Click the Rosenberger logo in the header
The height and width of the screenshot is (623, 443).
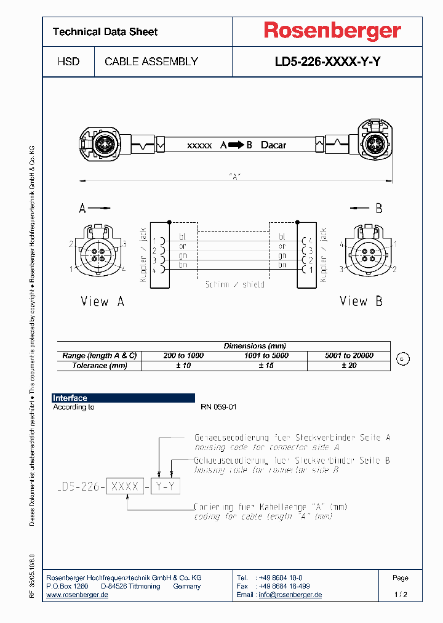pyautogui.click(x=332, y=31)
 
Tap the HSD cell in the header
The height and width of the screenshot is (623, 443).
pyautogui.click(x=68, y=62)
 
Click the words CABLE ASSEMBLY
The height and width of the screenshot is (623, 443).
pyautogui.click(x=151, y=62)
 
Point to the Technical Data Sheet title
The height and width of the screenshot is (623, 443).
pyautogui.click(x=105, y=31)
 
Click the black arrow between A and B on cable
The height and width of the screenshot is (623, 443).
pyautogui.click(x=236, y=145)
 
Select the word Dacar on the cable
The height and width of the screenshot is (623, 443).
pyautogui.click(x=273, y=145)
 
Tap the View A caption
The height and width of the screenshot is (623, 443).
pyautogui.click(x=103, y=302)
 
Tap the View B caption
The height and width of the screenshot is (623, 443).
pyautogui.click(x=362, y=301)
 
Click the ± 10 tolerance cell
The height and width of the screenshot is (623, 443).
pyautogui.click(x=183, y=366)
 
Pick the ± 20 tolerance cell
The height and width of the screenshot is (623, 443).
pyautogui.click(x=348, y=366)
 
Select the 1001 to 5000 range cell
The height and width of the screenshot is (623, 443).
pyautogui.click(x=266, y=356)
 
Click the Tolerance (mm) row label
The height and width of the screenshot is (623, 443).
pyautogui.click(x=99, y=366)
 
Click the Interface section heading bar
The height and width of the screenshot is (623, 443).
pyautogui.click(x=123, y=398)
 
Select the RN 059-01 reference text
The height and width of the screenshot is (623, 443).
pyautogui.click(x=218, y=407)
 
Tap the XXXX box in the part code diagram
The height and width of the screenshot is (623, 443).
pyautogui.click(x=126, y=486)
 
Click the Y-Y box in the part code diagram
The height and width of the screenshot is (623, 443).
pyautogui.click(x=166, y=486)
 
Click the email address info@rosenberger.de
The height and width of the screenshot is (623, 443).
pyautogui.click(x=290, y=595)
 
